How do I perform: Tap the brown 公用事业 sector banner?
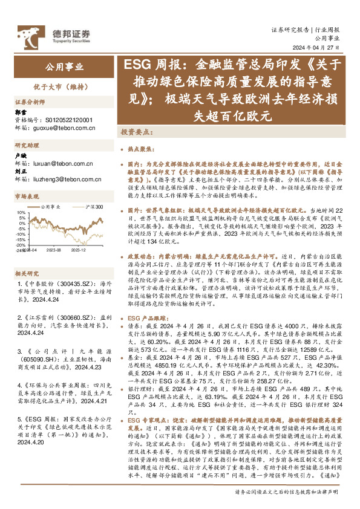(64, 66)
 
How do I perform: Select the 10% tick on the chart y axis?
(21, 212)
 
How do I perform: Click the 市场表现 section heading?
(27, 197)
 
